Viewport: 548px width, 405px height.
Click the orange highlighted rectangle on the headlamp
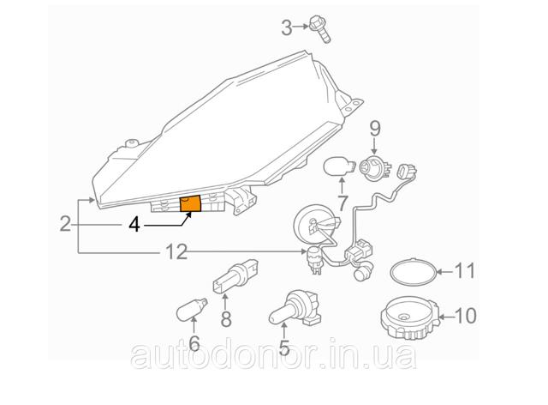pos(190,203)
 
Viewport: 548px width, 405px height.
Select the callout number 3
pos(287,28)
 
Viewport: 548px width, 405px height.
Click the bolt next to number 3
pos(320,28)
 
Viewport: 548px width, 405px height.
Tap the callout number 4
pos(134,225)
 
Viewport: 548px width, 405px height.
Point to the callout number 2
pos(65,224)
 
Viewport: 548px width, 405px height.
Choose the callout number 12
pos(176,252)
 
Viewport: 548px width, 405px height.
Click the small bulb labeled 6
pos(193,309)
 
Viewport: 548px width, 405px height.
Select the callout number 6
pos(194,343)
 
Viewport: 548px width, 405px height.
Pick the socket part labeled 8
pos(235,277)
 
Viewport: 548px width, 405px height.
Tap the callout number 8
pos(226,319)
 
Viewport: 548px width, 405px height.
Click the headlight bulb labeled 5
pos(295,308)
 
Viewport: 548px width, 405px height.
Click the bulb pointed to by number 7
pos(339,166)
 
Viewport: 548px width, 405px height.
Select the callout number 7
pos(342,203)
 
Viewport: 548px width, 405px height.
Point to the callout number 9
pos(375,130)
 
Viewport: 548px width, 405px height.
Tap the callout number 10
pos(466,316)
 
